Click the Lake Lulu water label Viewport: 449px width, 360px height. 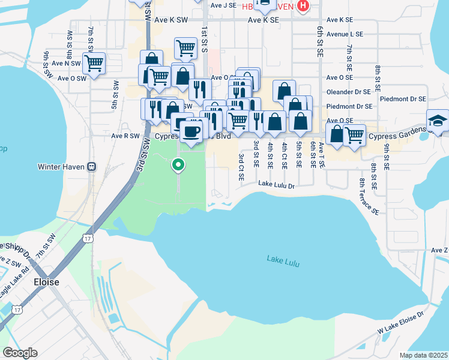(x=283, y=260)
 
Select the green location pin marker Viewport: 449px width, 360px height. (x=178, y=164)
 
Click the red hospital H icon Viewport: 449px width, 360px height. (x=303, y=6)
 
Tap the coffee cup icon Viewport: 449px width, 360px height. (x=191, y=131)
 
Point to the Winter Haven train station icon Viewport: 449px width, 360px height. (x=92, y=166)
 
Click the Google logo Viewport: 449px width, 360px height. (x=20, y=352)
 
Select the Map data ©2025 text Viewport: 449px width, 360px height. (x=424, y=355)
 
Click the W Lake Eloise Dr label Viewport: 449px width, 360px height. (x=401, y=323)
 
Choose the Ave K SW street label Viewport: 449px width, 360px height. (x=171, y=20)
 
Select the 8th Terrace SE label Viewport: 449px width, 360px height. (x=369, y=196)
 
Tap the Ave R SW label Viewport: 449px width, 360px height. (x=125, y=136)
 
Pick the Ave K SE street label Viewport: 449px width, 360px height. (x=264, y=20)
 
